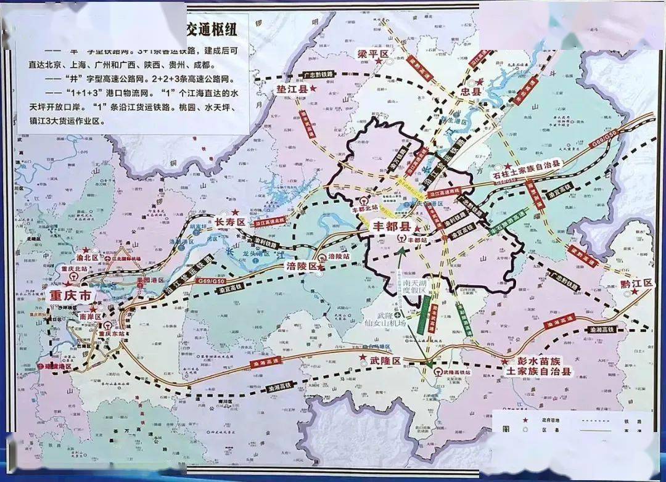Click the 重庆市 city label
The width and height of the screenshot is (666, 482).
(x=70, y=296)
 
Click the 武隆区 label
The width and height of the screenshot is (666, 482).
(x=386, y=360)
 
